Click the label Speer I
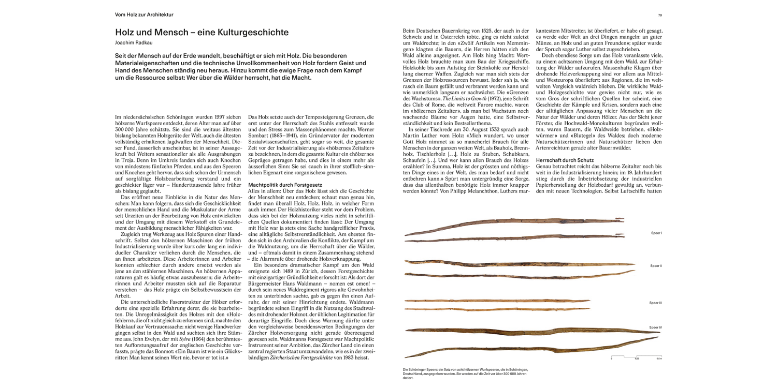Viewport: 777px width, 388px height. coord(656,233)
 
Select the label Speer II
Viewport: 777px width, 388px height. coord(656,266)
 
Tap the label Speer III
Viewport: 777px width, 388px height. coord(655,303)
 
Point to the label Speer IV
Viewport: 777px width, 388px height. coord(655,327)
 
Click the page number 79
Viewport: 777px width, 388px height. coord(660,15)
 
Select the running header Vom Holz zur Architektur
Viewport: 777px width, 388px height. coord(144,14)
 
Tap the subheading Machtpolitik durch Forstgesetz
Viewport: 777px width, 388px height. coord(285,185)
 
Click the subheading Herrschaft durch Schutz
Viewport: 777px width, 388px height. coord(565,160)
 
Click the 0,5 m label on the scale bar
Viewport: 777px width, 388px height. coord(659,359)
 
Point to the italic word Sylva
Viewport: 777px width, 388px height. coord(182,339)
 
